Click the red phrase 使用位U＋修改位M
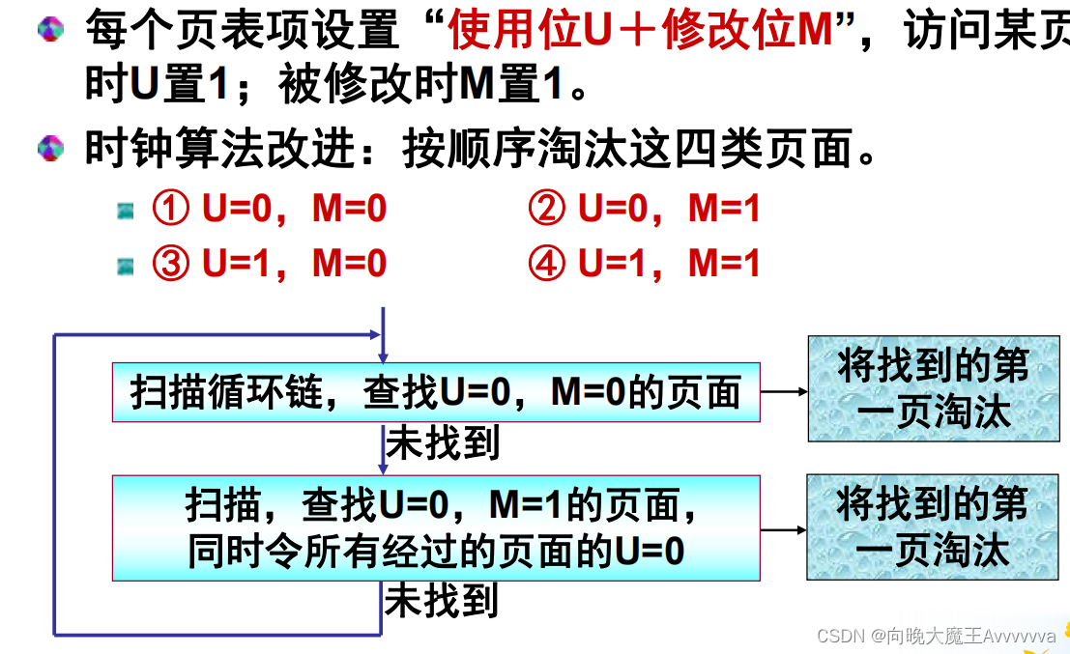coord(639,32)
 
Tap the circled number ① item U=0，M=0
coord(270,210)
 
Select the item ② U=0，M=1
coord(645,210)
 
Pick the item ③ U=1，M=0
coord(270,264)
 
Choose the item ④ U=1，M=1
coord(645,264)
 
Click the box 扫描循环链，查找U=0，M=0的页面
coord(436,392)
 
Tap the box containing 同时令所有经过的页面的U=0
coord(436,527)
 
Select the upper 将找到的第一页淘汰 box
coord(933,388)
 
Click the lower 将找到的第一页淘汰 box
coord(933,526)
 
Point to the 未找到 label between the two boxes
coord(443,443)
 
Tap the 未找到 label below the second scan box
coord(442,601)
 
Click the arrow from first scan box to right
coord(784,392)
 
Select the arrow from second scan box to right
coord(784,529)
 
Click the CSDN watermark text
coord(936,636)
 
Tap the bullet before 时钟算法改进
coord(50,149)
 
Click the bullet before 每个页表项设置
coord(50,29)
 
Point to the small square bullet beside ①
coord(126,211)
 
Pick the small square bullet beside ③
coord(126,264)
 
